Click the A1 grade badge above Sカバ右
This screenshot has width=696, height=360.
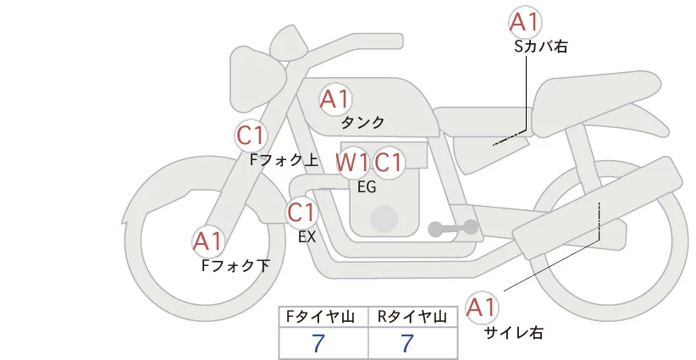click(x=525, y=22)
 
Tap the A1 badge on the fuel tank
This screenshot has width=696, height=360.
click(x=335, y=99)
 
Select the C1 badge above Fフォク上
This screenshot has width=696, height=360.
click(x=251, y=136)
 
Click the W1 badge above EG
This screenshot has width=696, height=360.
click(x=351, y=162)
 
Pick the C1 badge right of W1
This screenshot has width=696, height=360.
click(x=388, y=162)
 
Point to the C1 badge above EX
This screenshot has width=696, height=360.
click(x=301, y=212)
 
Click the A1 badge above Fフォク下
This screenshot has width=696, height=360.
click(x=207, y=241)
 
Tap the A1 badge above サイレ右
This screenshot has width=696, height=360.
click(x=482, y=307)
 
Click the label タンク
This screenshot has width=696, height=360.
click(x=362, y=123)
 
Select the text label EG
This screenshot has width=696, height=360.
click(x=367, y=187)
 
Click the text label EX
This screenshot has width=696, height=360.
click(x=307, y=237)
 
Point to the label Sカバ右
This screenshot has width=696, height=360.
click(x=541, y=47)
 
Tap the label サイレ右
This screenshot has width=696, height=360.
click(x=514, y=333)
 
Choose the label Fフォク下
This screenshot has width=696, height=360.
click(x=235, y=266)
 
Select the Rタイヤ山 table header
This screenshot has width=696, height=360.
click(x=412, y=317)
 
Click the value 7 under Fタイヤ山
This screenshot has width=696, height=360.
click(x=318, y=343)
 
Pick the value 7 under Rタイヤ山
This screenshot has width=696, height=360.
click(x=407, y=343)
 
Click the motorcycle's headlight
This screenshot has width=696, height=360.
click(x=252, y=80)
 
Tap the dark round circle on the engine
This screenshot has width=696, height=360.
click(x=384, y=219)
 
